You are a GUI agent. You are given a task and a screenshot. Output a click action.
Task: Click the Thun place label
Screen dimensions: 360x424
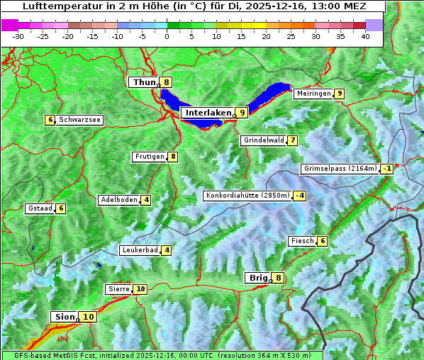click(144, 82)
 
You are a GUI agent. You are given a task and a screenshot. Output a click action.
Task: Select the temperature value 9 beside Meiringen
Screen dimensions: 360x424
click(340, 94)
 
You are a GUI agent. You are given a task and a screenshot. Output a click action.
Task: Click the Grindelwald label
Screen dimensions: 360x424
click(264, 140)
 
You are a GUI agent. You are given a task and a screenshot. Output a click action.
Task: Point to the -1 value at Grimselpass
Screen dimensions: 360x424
click(386, 169)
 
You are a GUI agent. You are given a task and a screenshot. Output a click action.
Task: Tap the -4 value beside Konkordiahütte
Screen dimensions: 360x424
click(301, 196)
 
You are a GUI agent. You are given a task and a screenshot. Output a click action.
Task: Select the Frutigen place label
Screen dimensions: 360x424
click(150, 157)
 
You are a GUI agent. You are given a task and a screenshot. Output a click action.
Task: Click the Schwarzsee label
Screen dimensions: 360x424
click(79, 120)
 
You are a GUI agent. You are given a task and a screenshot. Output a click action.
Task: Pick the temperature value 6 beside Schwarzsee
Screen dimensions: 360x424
click(50, 120)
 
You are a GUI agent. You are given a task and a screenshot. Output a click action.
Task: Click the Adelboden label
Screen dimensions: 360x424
click(118, 200)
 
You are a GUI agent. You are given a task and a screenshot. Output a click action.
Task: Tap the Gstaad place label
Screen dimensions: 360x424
click(40, 208)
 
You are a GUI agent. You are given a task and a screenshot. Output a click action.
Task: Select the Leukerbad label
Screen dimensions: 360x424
click(139, 250)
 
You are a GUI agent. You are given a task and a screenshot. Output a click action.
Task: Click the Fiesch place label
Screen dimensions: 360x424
click(301, 241)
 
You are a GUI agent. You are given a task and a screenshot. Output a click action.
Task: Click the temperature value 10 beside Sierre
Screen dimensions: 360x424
click(140, 289)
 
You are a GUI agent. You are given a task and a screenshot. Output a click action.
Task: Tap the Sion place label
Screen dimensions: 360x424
click(63, 317)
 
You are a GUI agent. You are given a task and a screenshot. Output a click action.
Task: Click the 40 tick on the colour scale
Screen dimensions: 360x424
click(365, 36)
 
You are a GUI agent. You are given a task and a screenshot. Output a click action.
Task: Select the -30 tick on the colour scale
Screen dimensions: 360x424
click(18, 36)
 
